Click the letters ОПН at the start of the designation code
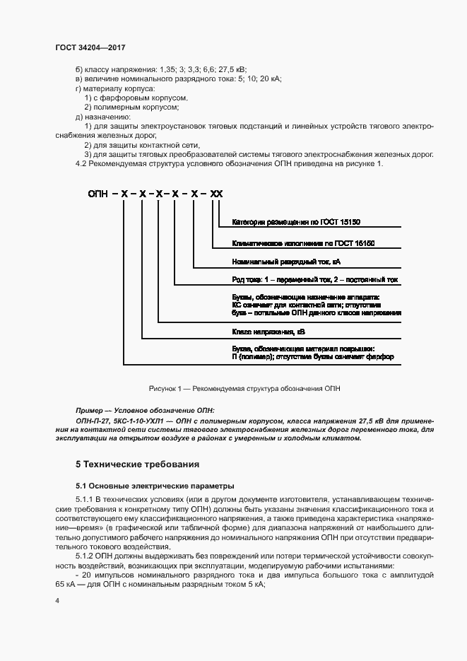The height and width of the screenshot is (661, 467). pyautogui.click(x=99, y=193)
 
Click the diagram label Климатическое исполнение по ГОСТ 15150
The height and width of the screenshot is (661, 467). pyautogui.click(x=302, y=243)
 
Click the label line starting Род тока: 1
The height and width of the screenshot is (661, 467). pyautogui.click(x=314, y=280)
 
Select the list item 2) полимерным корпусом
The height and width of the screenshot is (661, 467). pyautogui.click(x=131, y=107)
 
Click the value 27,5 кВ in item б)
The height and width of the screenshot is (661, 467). pyautogui.click(x=232, y=70)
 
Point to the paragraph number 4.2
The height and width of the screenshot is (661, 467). pyautogui.click(x=82, y=163)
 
